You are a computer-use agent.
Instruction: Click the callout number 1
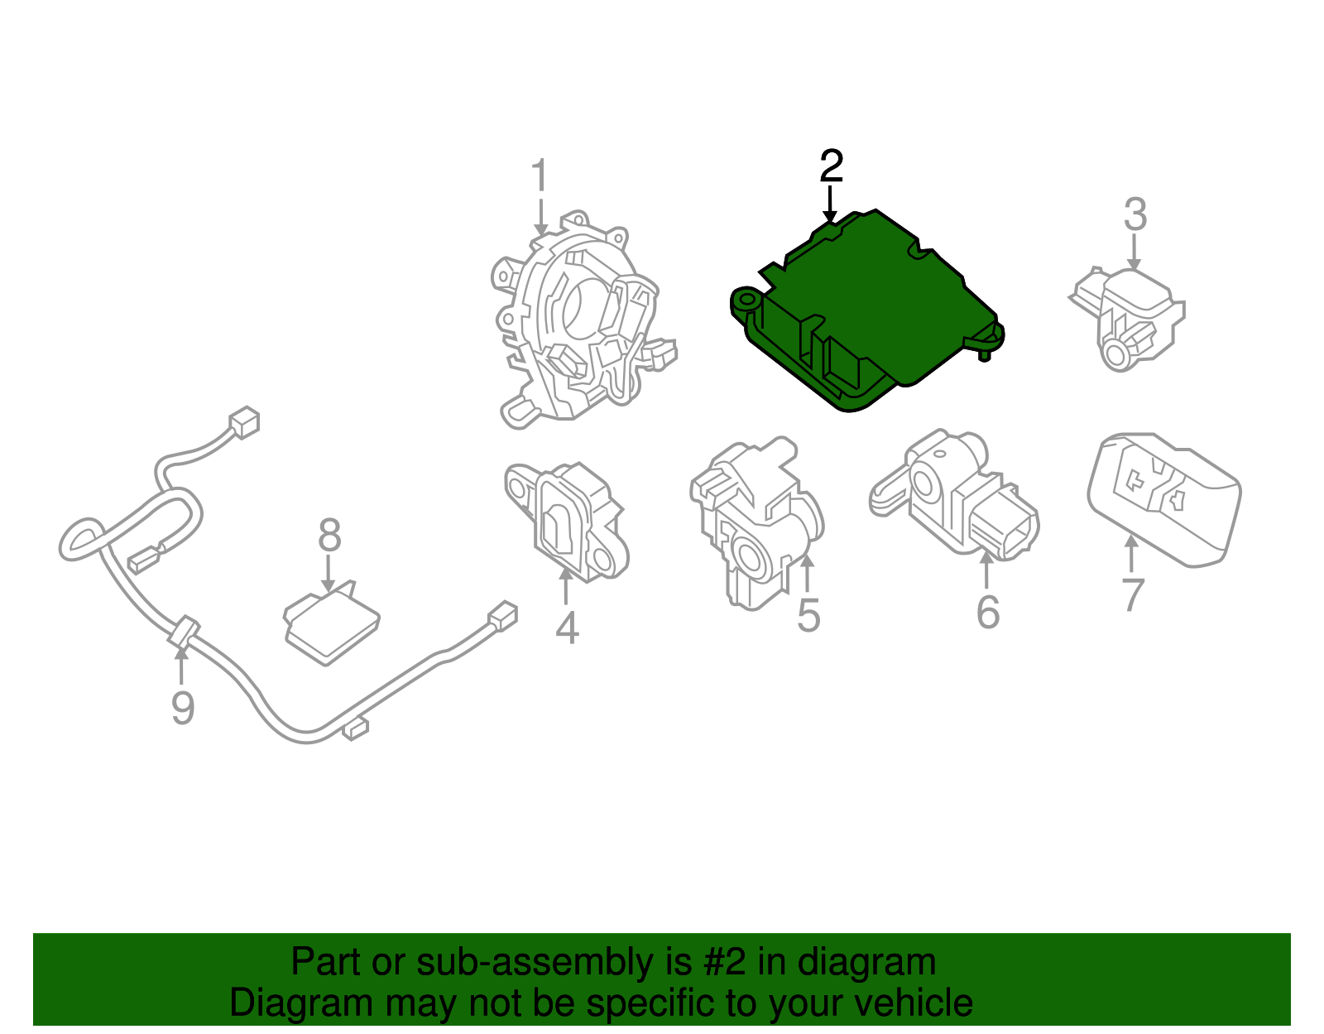(540, 176)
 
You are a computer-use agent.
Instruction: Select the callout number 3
(1135, 214)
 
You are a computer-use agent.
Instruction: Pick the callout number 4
(566, 628)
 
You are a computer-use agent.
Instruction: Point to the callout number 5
(808, 617)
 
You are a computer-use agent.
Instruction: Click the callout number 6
(987, 613)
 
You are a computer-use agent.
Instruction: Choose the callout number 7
(1132, 594)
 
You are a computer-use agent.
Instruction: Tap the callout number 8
(329, 536)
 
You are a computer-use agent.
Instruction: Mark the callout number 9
(183, 708)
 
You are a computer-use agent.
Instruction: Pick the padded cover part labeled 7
(1163, 497)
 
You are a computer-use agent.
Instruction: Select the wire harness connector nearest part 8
(142, 562)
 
